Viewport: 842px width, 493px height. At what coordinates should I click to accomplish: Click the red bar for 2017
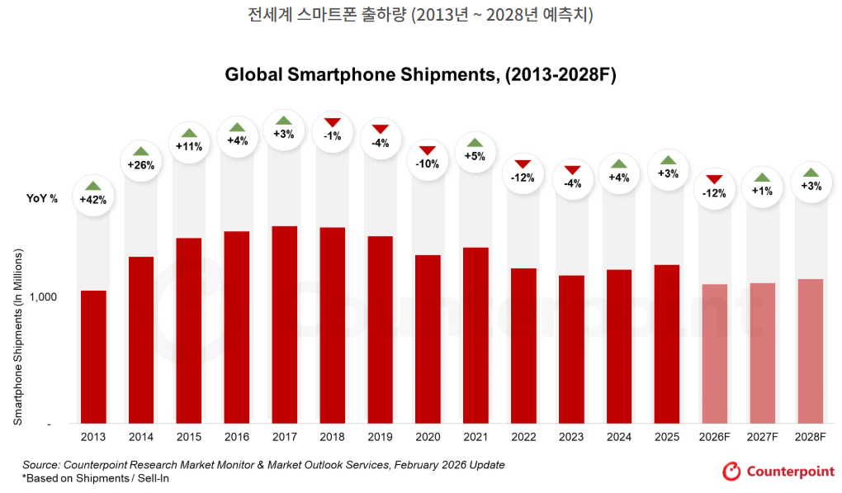tap(284, 325)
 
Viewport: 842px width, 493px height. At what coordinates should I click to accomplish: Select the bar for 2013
tap(93, 357)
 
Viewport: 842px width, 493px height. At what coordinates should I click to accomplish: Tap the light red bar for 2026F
tap(714, 353)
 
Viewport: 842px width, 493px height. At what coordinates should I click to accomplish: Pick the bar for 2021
tap(475, 335)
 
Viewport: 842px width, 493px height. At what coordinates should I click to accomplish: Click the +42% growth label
tap(93, 199)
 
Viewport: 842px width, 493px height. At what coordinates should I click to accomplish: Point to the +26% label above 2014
tap(140, 164)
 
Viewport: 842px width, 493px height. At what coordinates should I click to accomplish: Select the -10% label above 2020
tap(428, 164)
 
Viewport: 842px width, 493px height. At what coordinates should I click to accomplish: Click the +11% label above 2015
tap(189, 146)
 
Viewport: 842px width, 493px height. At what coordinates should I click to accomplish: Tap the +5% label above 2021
tap(475, 156)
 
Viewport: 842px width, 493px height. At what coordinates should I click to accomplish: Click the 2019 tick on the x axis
tap(380, 435)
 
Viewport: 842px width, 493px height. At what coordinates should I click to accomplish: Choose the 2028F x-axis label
tap(809, 435)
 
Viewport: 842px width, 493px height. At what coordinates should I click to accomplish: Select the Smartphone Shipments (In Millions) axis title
tap(17, 336)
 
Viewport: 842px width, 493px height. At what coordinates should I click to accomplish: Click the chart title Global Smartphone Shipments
tap(420, 75)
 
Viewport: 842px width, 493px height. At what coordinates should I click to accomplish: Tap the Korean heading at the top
tap(420, 16)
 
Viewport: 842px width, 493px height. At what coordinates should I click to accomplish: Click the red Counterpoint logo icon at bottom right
tap(731, 471)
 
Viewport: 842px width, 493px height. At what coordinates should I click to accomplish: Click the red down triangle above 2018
tap(332, 123)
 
